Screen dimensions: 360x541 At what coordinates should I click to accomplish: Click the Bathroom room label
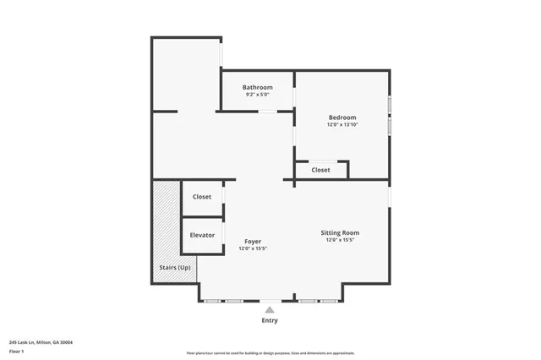click(257, 87)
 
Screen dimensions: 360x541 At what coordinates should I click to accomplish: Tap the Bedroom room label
click(342, 117)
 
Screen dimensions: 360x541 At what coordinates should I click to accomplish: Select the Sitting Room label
click(340, 232)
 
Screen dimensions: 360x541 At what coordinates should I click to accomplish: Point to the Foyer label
click(253, 242)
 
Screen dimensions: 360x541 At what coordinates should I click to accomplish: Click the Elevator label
click(202, 235)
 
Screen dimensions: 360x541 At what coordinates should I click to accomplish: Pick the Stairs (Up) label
click(174, 268)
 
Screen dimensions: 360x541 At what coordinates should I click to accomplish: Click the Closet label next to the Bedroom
click(320, 170)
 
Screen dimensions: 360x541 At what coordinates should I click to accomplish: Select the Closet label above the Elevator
click(202, 197)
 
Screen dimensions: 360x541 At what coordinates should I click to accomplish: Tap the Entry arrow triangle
click(270, 310)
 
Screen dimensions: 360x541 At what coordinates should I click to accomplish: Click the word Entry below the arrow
click(270, 321)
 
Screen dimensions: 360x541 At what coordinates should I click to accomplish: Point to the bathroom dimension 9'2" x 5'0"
click(257, 95)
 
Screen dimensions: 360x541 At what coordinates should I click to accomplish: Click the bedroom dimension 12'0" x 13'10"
click(342, 125)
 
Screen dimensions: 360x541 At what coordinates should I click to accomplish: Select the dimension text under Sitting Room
click(340, 240)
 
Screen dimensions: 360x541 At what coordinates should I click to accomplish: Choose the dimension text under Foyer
click(253, 249)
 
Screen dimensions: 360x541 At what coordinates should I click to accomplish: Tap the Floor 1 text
click(17, 351)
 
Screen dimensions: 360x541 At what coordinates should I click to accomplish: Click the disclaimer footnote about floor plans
click(270, 353)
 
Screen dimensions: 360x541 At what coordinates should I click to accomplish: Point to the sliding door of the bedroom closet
click(321, 161)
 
